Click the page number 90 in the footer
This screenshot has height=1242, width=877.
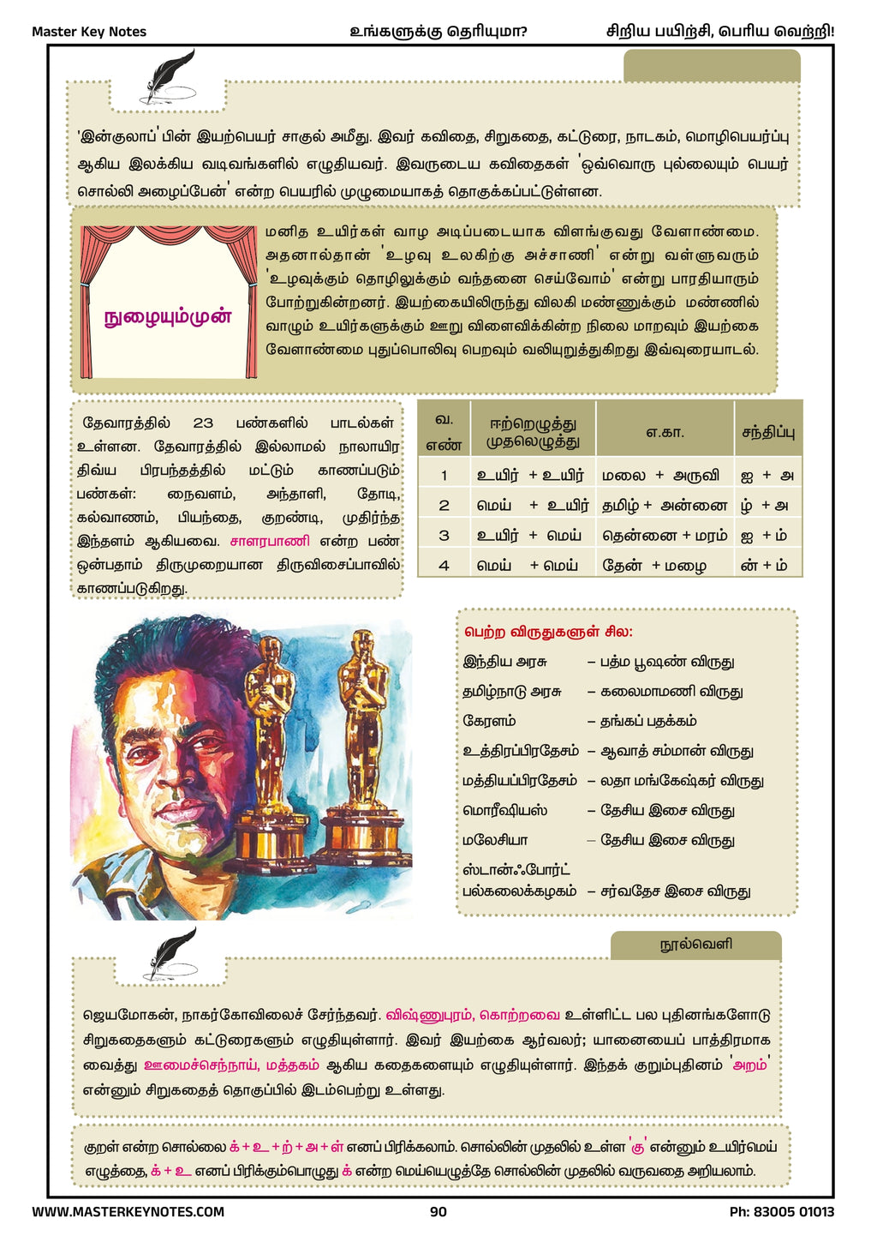pyautogui.click(x=438, y=1212)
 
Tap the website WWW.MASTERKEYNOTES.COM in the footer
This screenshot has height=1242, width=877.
pyautogui.click(x=128, y=1212)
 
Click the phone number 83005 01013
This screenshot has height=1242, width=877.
pyautogui.click(x=781, y=1212)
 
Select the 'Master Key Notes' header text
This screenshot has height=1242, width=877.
pyautogui.click(x=89, y=32)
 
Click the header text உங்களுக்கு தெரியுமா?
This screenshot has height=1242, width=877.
pyautogui.click(x=438, y=32)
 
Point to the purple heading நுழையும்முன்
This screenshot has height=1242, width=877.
pyautogui.click(x=168, y=317)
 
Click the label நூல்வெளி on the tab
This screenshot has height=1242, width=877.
pyautogui.click(x=695, y=945)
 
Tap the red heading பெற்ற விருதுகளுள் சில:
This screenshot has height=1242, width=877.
pyautogui.click(x=549, y=632)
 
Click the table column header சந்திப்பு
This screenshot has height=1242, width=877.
pyautogui.click(x=767, y=432)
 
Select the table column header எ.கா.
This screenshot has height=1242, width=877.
pyautogui.click(x=665, y=432)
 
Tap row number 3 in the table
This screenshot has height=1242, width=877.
pyautogui.click(x=444, y=536)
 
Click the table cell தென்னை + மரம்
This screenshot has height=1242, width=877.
pyautogui.click(x=665, y=536)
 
